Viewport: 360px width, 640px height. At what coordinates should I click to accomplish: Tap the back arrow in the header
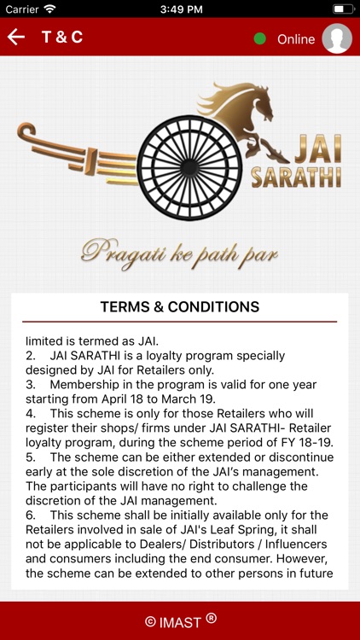click(x=16, y=38)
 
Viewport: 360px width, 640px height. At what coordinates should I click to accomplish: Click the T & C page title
click(x=62, y=38)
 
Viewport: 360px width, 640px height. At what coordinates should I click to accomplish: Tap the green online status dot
click(x=260, y=38)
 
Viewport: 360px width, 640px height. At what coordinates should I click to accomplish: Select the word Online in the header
click(x=296, y=39)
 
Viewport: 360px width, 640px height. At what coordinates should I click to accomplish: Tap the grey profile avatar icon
click(x=337, y=38)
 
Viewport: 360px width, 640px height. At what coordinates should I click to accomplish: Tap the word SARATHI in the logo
click(x=296, y=177)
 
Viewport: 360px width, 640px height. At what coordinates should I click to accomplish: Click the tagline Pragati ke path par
click(x=179, y=252)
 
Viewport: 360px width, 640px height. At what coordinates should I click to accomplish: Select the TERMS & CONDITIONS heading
click(x=180, y=306)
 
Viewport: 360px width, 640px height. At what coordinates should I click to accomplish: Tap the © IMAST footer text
click(x=180, y=620)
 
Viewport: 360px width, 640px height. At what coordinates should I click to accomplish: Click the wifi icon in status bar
click(x=49, y=9)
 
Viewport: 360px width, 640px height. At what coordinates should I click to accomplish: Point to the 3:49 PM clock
click(x=179, y=9)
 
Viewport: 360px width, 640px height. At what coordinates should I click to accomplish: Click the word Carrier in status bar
click(x=21, y=9)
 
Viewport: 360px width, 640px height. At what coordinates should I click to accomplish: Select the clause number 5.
click(x=30, y=457)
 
